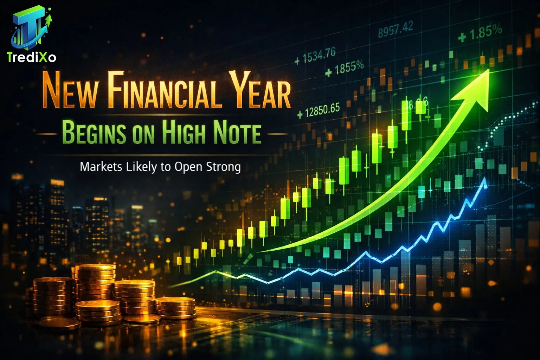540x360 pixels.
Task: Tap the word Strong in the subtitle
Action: click(x=223, y=167)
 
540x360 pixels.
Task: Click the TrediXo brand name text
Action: click(x=32, y=57)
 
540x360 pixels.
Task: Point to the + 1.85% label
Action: click(x=480, y=33)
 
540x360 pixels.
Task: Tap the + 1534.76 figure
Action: click(x=315, y=56)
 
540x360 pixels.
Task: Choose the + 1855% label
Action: click(x=345, y=69)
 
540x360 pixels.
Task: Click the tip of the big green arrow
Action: click(x=488, y=70)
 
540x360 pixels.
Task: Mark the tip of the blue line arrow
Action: click(x=485, y=179)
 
